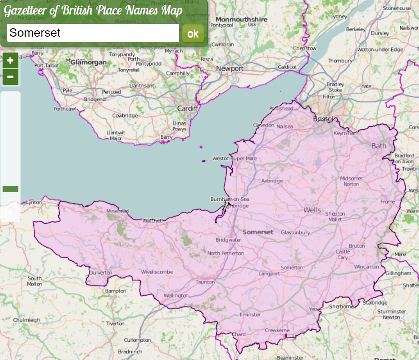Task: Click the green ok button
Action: pyautogui.click(x=193, y=34)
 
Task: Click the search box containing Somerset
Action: pyautogui.click(x=93, y=33)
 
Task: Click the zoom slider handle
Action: pyautogui.click(x=10, y=189)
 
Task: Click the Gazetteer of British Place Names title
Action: pyautogui.click(x=93, y=11)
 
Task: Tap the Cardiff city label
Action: pyautogui.click(x=188, y=108)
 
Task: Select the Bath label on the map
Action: pyautogui.click(x=378, y=146)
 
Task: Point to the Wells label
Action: pyautogui.click(x=312, y=210)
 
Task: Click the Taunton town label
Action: pyautogui.click(x=205, y=282)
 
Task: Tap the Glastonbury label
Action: pyautogui.click(x=295, y=232)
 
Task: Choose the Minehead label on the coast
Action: pyautogui.click(x=118, y=211)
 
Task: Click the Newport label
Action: pyautogui.click(x=230, y=68)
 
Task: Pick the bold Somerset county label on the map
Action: pyautogui.click(x=257, y=232)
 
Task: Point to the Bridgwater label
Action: pyautogui.click(x=228, y=240)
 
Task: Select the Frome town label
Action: pyautogui.click(x=388, y=202)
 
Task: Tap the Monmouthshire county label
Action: pyautogui.click(x=241, y=19)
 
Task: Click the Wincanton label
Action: pyautogui.click(x=366, y=266)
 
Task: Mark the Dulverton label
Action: pyautogui.click(x=100, y=272)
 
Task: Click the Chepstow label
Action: pyautogui.click(x=305, y=48)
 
